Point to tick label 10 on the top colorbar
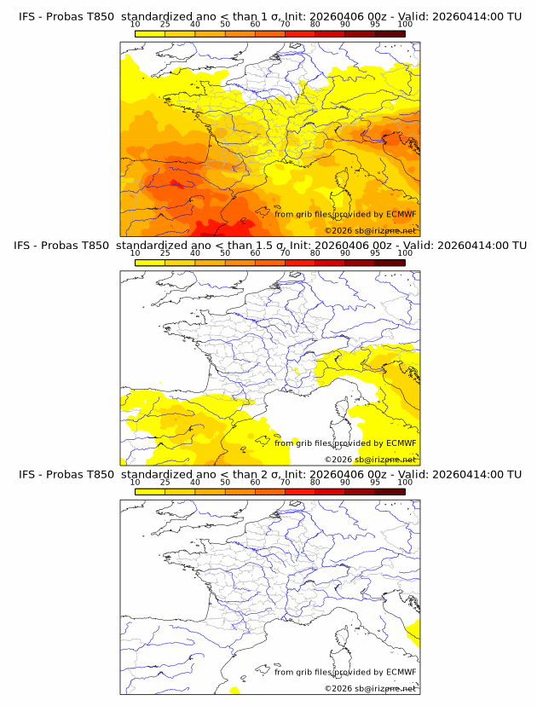(x=135, y=24)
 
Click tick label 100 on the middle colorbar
(x=405, y=253)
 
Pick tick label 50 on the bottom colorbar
(x=225, y=482)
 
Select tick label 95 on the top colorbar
(x=375, y=24)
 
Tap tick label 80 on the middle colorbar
(x=315, y=253)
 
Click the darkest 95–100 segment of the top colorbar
(x=390, y=33)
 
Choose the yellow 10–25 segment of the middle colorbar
(x=150, y=263)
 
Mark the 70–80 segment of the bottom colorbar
(x=300, y=491)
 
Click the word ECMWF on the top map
(x=401, y=214)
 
